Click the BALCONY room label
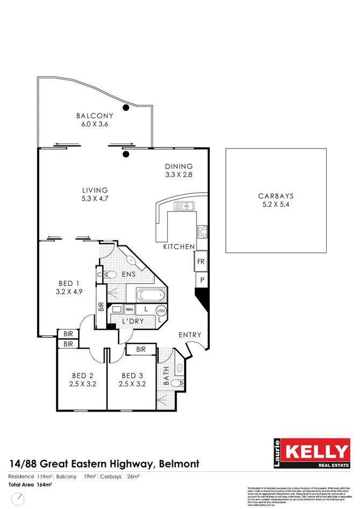95,116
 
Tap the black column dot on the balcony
126,108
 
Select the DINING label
179,167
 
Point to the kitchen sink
184,206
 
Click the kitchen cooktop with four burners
203,231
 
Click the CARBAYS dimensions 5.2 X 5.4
276,206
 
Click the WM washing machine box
130,310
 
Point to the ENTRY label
190,335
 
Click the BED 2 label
83,376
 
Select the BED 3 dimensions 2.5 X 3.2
132,384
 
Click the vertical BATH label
166,374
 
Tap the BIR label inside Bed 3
141,350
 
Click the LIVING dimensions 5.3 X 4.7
95,199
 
